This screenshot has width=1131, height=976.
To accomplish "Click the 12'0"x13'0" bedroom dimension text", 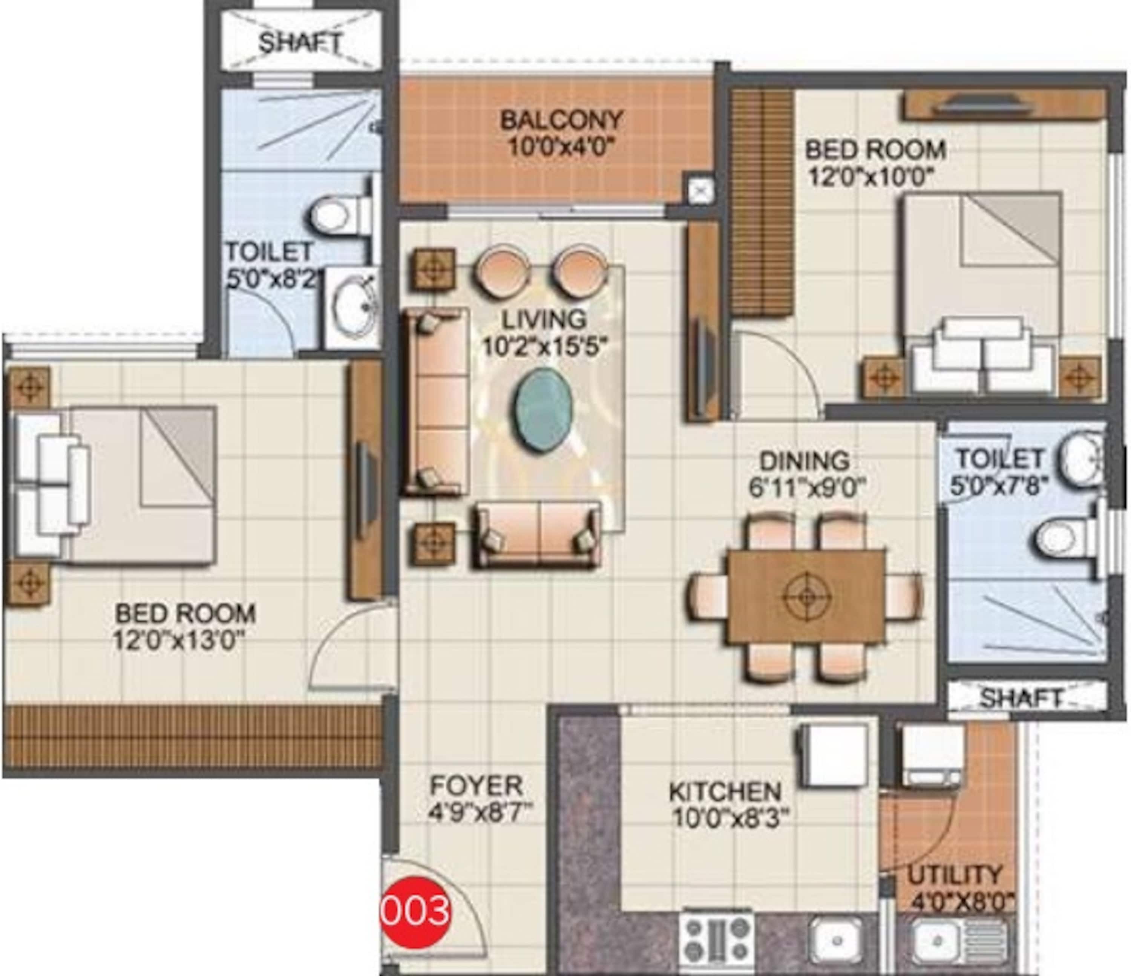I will (x=178, y=640).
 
